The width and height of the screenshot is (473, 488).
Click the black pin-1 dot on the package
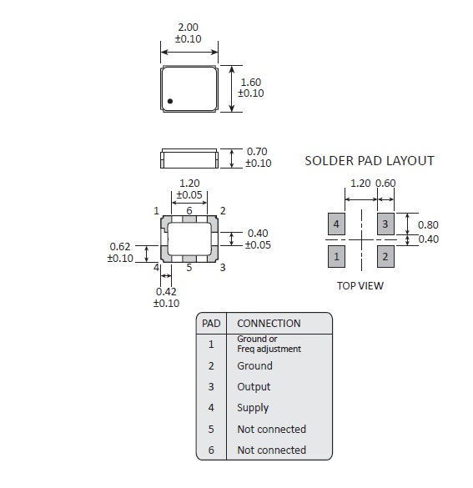tap(170, 101)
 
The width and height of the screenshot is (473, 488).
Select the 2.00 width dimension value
tap(188, 28)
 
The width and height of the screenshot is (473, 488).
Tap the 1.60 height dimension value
tap(251, 82)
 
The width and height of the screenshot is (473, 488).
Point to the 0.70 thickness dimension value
tap(257, 152)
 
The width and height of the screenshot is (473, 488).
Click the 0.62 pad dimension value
tap(120, 246)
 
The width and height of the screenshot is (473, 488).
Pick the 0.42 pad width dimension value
tap(166, 292)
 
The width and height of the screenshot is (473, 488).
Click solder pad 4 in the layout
tap(336, 224)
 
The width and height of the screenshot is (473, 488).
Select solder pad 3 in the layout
tap(385, 224)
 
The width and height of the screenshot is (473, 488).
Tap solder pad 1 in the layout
tap(336, 256)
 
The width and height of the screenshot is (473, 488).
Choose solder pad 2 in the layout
tap(385, 256)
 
